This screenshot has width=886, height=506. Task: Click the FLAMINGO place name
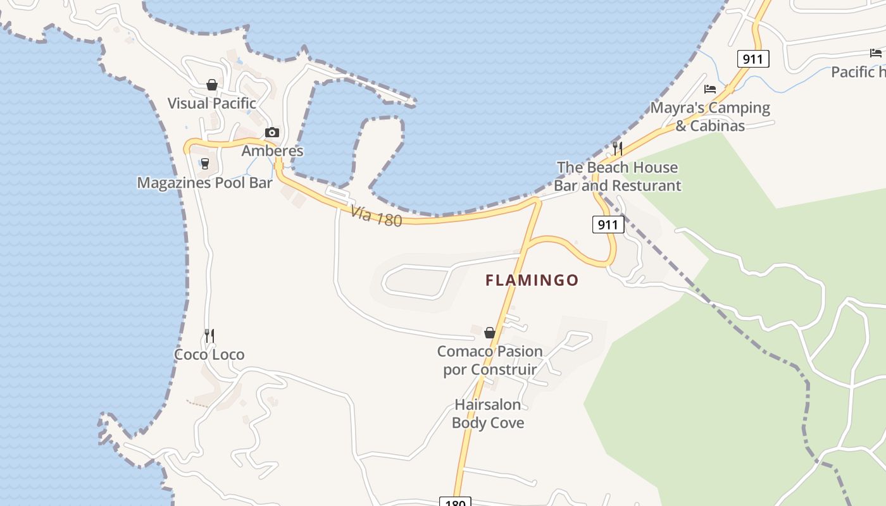pos(532,280)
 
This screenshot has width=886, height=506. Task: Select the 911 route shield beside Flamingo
pos(608,225)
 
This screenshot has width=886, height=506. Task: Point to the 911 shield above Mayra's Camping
pos(752,59)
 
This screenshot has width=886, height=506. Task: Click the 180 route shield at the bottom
pos(454,502)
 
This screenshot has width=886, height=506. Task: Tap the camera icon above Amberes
pos(272,132)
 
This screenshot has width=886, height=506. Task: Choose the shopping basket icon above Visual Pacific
pos(212,85)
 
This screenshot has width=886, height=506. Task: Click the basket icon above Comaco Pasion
pos(489,332)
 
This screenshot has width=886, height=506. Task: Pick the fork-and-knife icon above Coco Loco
pos(209,336)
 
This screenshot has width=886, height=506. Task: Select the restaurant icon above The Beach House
pos(618,149)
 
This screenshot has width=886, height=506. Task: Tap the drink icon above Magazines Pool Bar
pos(204,164)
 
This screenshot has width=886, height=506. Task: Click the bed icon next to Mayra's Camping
pos(710,89)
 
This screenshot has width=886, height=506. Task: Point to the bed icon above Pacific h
pos(876,53)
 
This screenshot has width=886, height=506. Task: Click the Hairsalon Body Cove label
pos(488,414)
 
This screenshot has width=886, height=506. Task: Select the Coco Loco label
pos(209,355)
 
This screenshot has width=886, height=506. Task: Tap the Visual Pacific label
pos(211,103)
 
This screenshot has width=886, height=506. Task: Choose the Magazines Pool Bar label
pos(204,183)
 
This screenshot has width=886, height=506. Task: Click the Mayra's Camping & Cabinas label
pos(710,116)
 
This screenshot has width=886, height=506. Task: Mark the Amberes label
pos(272,151)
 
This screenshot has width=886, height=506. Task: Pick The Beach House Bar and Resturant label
pos(617,176)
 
